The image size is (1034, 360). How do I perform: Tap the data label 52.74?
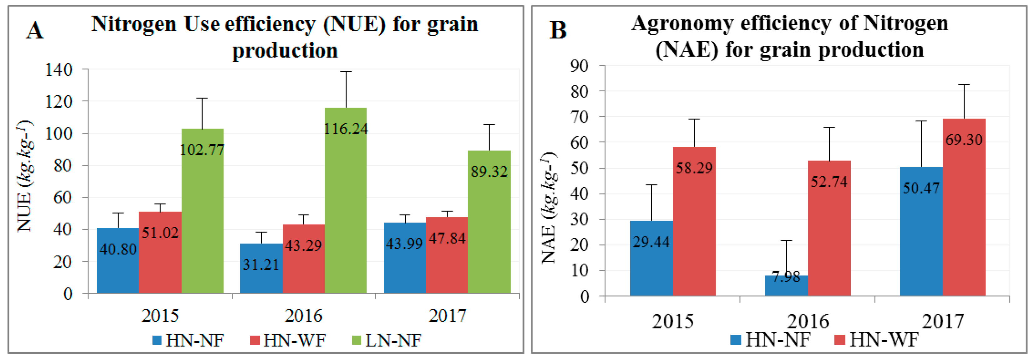click(x=829, y=182)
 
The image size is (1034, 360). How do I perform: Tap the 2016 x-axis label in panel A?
click(x=303, y=316)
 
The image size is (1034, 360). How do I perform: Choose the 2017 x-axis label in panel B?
click(x=942, y=321)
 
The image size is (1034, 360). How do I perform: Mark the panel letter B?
click(x=558, y=30)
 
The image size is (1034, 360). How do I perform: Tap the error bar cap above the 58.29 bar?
click(x=694, y=119)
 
